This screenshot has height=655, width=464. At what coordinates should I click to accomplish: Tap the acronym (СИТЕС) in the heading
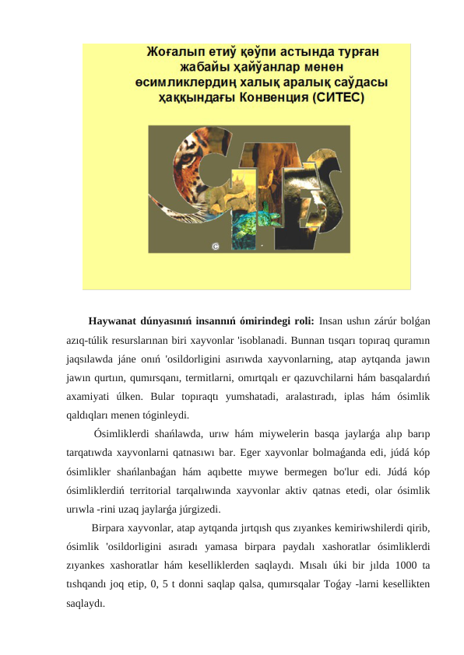click(339, 99)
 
